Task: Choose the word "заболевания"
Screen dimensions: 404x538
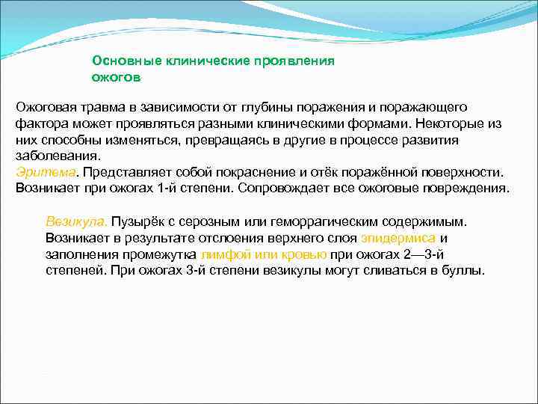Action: click(55, 156)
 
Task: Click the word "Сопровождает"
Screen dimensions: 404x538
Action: click(277, 187)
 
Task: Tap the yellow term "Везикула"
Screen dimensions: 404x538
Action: click(76, 222)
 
